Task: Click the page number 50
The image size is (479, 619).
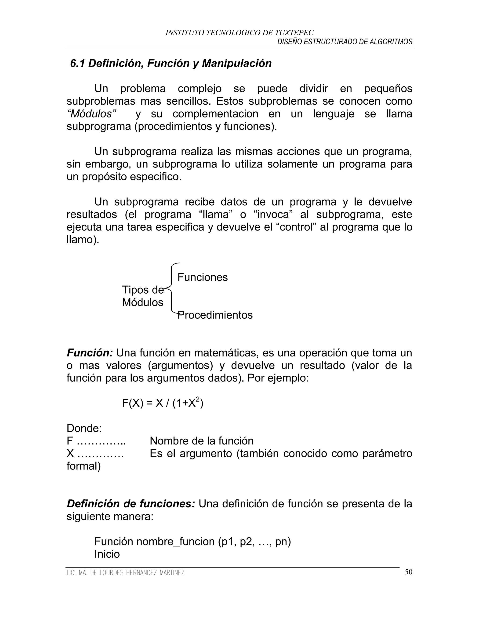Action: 408,572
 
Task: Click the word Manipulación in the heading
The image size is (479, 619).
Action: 237,64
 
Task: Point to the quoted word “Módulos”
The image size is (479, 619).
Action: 92,114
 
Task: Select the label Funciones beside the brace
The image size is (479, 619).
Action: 202,277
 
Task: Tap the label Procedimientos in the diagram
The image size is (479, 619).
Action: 215,315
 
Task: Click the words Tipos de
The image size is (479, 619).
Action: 142,290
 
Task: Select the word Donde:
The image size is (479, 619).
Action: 84,428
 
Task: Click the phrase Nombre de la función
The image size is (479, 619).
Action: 201,441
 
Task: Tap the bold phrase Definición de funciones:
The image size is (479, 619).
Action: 131,504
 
